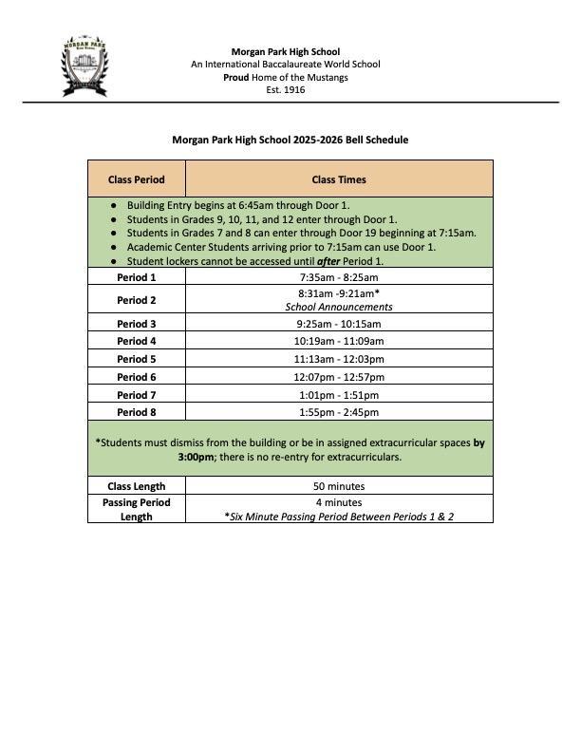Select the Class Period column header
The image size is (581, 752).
click(x=136, y=179)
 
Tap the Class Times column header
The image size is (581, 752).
click(x=339, y=179)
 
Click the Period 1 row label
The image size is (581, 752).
click(x=136, y=277)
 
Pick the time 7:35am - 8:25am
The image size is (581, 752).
click(x=339, y=277)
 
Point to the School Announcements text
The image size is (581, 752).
click(x=339, y=307)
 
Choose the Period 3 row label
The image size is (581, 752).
click(x=136, y=324)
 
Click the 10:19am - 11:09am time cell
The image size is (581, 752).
click(x=339, y=341)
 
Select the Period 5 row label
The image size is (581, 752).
click(x=136, y=359)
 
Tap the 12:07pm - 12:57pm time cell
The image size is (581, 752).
click(x=339, y=377)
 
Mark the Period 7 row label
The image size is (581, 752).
click(x=136, y=395)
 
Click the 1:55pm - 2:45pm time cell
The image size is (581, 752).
click(x=339, y=412)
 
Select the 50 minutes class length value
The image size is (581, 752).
click(x=339, y=486)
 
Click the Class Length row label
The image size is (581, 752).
click(x=136, y=486)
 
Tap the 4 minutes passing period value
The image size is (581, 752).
click(x=339, y=502)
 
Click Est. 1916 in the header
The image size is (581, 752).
click(x=285, y=90)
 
